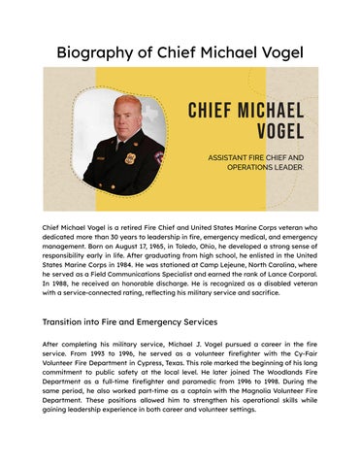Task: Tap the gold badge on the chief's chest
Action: (131, 158)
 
